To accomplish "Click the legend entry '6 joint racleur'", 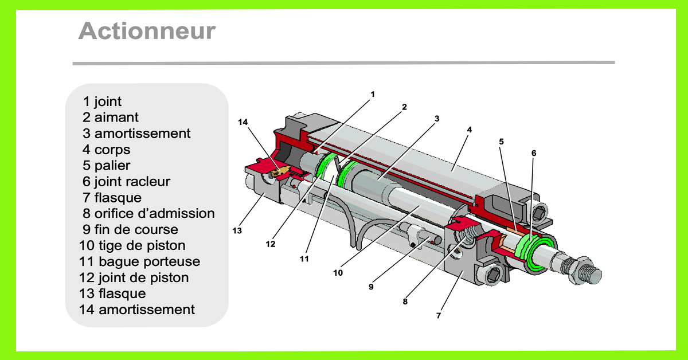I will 127,182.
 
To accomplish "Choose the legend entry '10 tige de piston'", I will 132,246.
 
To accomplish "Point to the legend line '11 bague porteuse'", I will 140,262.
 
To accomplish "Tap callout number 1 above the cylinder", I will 372,93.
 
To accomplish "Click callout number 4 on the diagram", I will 469,130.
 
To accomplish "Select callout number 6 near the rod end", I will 533,153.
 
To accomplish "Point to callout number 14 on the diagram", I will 243,122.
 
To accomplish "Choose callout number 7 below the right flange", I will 439,315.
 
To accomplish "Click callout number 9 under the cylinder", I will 371,287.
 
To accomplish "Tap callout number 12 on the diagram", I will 271,244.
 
